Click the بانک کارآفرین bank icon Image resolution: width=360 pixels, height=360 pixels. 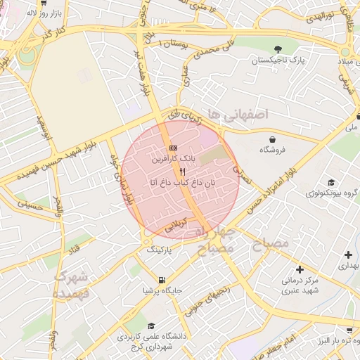(173, 148)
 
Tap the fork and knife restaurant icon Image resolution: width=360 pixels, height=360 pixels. (183, 171)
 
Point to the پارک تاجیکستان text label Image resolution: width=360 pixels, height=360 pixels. (279, 61)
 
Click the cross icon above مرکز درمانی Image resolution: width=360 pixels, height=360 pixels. (300, 269)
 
